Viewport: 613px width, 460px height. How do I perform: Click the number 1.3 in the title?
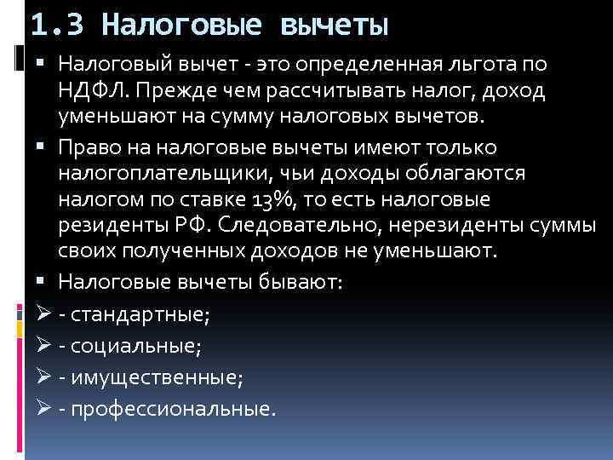point(58,25)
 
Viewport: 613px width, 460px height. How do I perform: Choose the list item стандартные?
point(140,314)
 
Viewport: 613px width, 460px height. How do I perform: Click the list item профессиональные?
point(173,408)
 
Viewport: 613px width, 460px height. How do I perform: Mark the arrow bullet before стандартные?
point(46,314)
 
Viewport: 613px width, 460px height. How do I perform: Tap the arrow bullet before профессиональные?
point(46,408)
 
